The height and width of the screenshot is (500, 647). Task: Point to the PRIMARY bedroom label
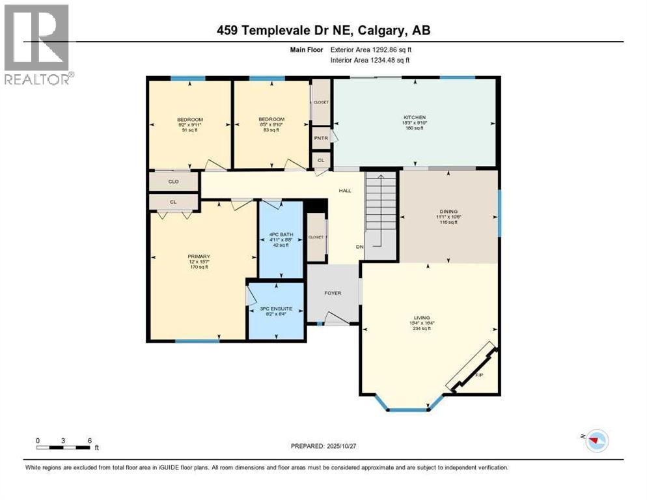[x=199, y=257]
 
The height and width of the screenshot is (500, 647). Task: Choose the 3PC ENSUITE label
[x=276, y=309]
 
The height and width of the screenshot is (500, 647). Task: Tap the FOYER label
[x=333, y=293]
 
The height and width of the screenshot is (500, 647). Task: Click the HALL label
[x=344, y=191]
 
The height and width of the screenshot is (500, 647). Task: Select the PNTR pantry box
[x=321, y=137]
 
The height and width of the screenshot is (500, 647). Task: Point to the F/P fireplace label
[x=479, y=375]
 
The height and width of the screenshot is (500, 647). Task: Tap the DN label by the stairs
[x=359, y=247]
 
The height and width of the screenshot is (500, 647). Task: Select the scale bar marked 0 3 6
[x=64, y=446]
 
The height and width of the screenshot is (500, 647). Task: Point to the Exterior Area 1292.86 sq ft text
[x=371, y=49]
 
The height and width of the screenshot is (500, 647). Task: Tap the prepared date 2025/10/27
[x=323, y=446]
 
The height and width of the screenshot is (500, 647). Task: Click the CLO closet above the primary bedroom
[x=174, y=182]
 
